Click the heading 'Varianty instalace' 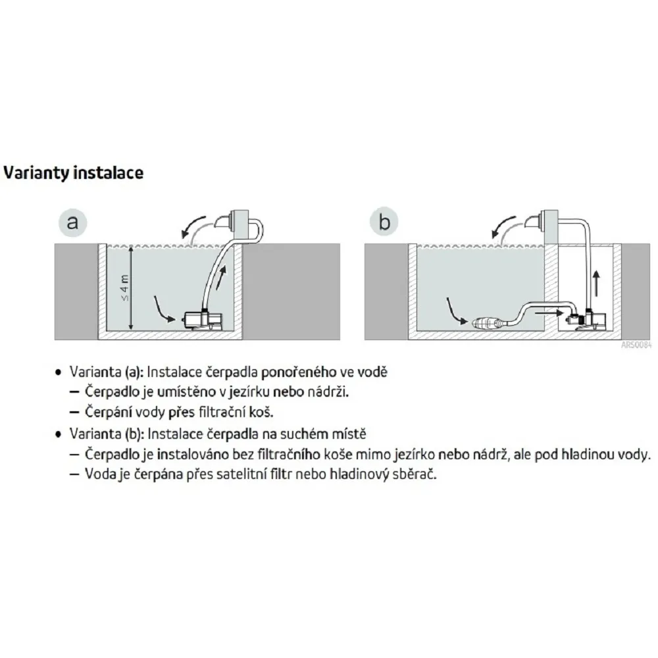click(74, 173)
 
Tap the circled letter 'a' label click(72, 222)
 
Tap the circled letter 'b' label click(384, 222)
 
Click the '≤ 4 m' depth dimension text click(125, 288)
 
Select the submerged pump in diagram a click(204, 320)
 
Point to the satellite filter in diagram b click(486, 323)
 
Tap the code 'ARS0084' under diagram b click(636, 345)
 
